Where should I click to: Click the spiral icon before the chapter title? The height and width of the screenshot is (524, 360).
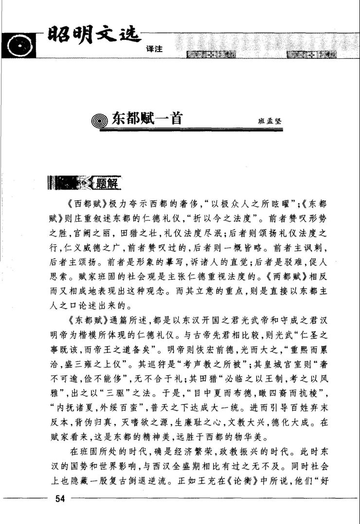pos(101,121)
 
